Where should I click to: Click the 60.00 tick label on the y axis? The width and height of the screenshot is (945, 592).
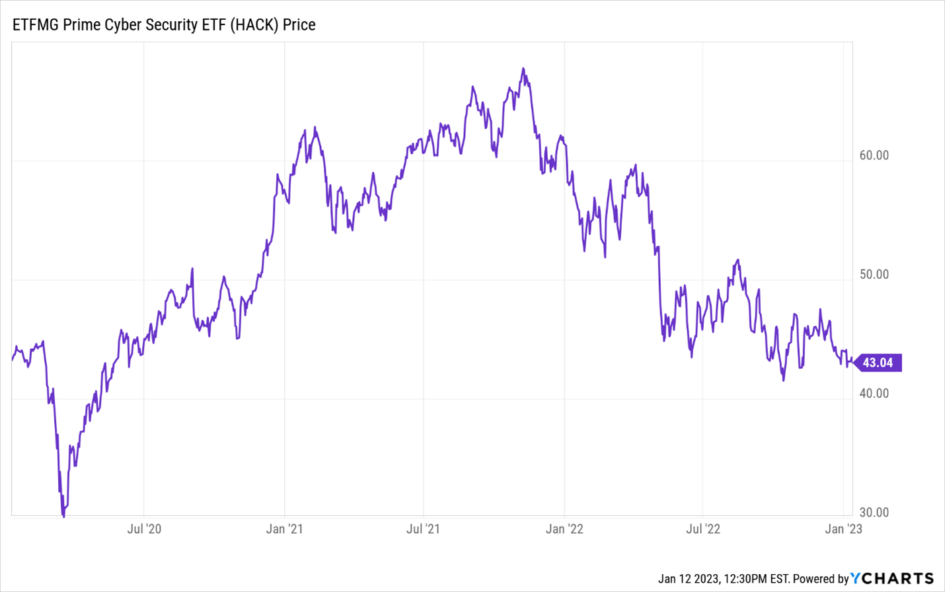click(874, 156)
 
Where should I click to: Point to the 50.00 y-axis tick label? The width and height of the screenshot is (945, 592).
click(874, 275)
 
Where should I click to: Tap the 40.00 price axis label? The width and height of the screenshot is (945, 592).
click(874, 394)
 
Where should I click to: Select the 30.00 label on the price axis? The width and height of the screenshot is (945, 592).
click(874, 513)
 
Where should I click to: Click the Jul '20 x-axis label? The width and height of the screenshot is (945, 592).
click(144, 529)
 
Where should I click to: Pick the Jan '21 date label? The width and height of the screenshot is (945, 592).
click(284, 529)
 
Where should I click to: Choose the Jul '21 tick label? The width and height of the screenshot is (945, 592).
click(423, 529)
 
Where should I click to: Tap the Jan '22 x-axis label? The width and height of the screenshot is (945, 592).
click(564, 529)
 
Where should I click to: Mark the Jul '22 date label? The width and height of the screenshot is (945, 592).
click(703, 529)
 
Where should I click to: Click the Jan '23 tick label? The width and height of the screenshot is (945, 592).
click(843, 529)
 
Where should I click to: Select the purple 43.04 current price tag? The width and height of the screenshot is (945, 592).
click(878, 363)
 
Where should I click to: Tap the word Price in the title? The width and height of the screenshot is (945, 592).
click(299, 25)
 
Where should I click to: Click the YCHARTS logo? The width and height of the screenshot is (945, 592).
click(892, 579)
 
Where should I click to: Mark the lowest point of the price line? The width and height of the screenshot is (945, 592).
click(63, 515)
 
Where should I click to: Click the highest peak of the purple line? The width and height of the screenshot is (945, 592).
click(523, 69)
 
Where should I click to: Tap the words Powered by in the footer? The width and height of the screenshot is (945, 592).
click(820, 579)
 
